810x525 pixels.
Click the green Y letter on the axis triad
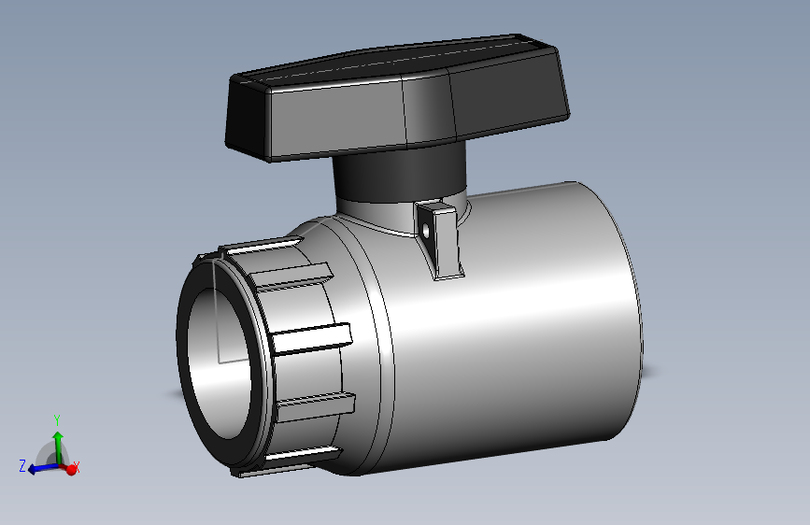point(57,419)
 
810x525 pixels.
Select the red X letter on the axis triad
point(77,466)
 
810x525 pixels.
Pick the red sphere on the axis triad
point(70,469)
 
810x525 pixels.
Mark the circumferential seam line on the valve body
point(388,355)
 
